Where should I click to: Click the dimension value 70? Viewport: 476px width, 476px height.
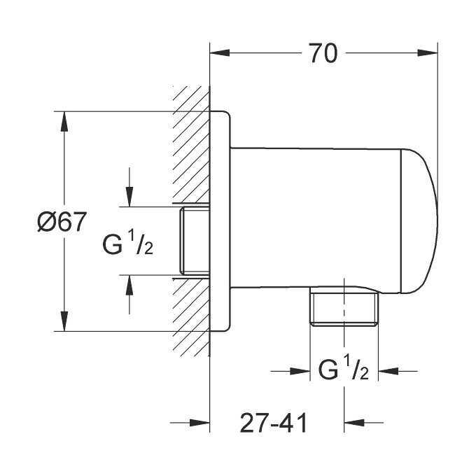tap(322, 52)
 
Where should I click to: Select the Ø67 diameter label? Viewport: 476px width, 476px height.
tap(62, 223)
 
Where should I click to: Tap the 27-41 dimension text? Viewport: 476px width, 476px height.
tap(274, 423)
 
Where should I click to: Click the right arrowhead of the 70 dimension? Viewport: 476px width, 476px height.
tap(428, 52)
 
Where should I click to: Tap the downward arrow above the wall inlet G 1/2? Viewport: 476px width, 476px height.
tap(129, 197)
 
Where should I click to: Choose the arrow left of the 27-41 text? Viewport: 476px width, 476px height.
tap(200, 423)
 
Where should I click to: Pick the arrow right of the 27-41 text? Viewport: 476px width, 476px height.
tap(353, 423)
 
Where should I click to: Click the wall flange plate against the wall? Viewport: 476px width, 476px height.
tap(220, 220)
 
